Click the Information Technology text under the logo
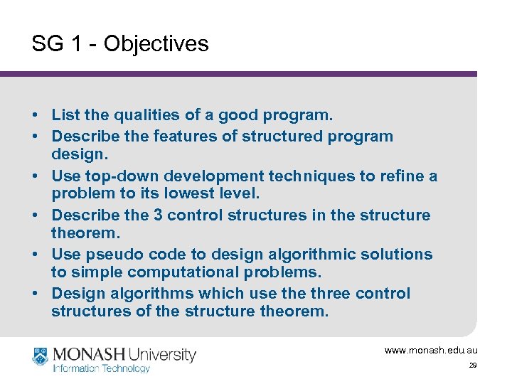102,368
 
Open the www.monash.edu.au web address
431,350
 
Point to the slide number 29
472,366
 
